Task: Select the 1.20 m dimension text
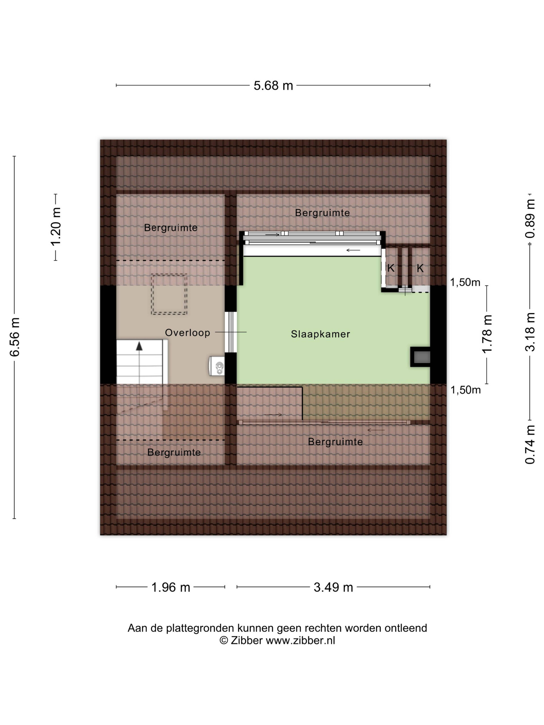click(56, 226)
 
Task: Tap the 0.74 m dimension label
click(530, 445)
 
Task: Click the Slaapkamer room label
click(320, 334)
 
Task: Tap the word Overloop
click(187, 333)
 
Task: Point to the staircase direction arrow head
click(139, 346)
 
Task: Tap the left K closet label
click(391, 268)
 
